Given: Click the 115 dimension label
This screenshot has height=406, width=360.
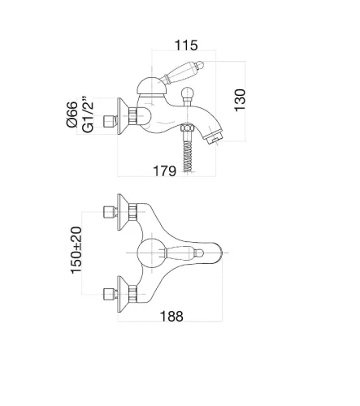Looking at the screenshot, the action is [186, 45].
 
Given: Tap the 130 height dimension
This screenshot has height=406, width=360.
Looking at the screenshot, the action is [240, 100].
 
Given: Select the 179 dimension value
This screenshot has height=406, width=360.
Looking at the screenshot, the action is [164, 171].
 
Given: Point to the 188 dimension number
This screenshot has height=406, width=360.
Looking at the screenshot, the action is [171, 316].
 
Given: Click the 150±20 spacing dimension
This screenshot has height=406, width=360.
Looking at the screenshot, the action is [76, 250].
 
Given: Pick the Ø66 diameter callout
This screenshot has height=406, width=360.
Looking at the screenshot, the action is [72, 114].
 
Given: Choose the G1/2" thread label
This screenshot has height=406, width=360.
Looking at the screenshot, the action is [88, 114].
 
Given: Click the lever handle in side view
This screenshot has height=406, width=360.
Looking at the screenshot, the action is [182, 71].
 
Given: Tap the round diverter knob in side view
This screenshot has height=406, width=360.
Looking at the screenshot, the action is [187, 94].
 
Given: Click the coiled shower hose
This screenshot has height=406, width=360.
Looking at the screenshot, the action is [187, 156].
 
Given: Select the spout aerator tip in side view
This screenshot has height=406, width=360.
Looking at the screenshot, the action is [215, 138].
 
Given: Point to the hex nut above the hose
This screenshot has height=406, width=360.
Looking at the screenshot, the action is [187, 127].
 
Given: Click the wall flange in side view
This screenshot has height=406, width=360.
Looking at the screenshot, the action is [123, 116].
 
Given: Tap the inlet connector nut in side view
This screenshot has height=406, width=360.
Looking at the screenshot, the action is [110, 121].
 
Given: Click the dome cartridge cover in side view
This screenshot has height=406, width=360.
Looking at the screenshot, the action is [151, 86].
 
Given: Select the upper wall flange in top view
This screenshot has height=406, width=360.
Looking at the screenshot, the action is [123, 212].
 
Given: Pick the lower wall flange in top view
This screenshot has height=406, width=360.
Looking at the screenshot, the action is [123, 294].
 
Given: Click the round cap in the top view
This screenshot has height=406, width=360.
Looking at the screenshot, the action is [151, 253].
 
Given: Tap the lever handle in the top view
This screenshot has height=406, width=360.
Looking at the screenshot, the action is [184, 253].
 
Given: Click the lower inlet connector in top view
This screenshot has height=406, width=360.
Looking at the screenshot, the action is [111, 294].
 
